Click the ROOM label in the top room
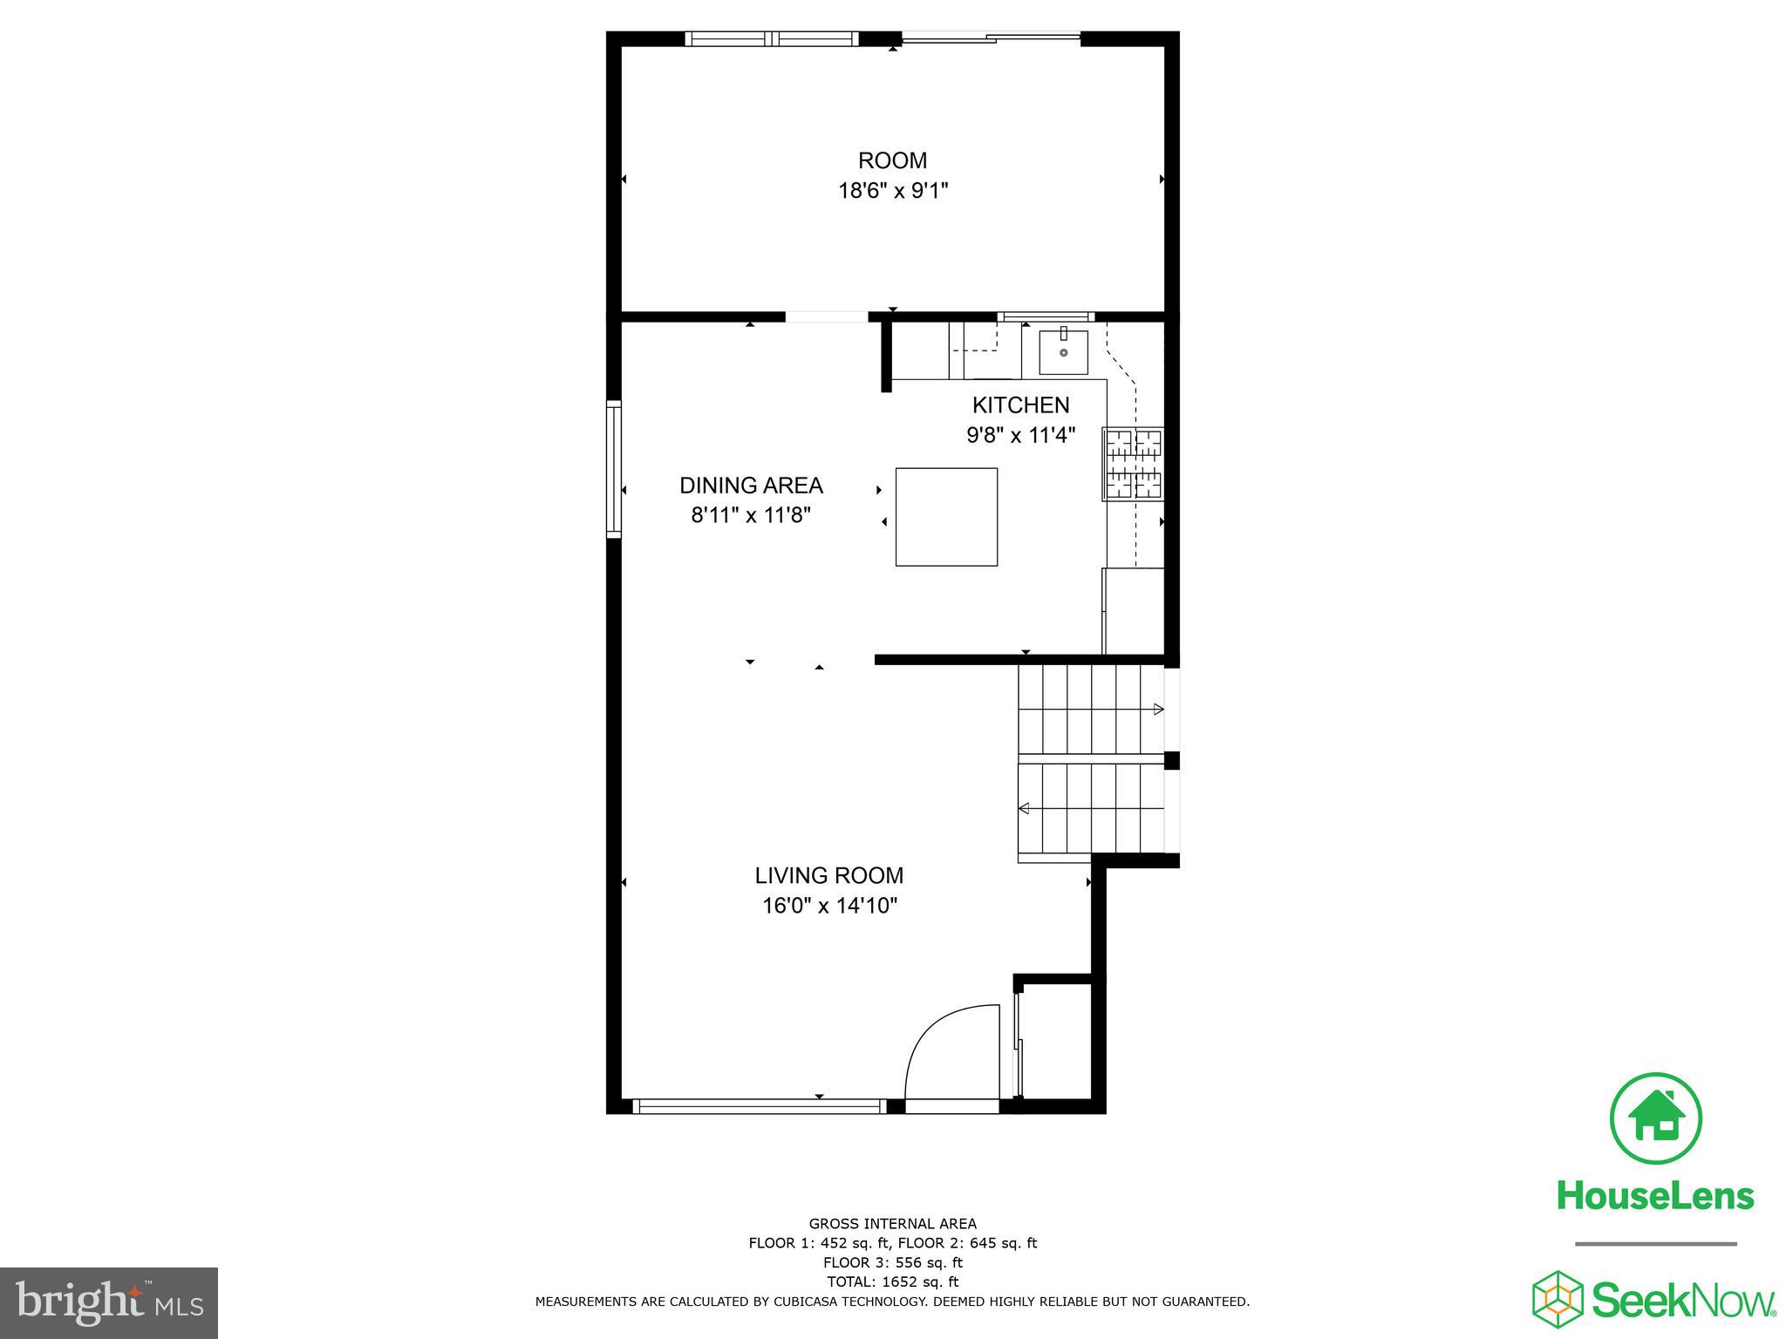pyautogui.click(x=892, y=160)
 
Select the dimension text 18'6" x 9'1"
pyautogui.click(x=892, y=190)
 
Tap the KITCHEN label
pyautogui.click(x=1020, y=404)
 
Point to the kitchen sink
pyautogui.click(x=1063, y=351)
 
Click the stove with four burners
pyautogui.click(x=1134, y=464)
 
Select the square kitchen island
pyautogui.click(x=946, y=517)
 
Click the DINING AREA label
pyautogui.click(x=751, y=486)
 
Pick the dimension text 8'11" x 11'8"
pyautogui.click(x=751, y=515)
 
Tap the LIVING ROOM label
pyautogui.click(x=828, y=875)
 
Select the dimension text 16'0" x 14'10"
pyautogui.click(x=829, y=906)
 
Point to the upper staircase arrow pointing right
pyautogui.click(x=1158, y=709)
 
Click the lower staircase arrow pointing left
pyautogui.click(x=1024, y=809)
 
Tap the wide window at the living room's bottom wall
pyautogui.click(x=758, y=1106)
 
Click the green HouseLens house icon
pyautogui.click(x=1655, y=1119)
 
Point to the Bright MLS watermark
pyautogui.click(x=109, y=1303)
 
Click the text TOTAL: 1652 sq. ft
pyautogui.click(x=892, y=1281)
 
